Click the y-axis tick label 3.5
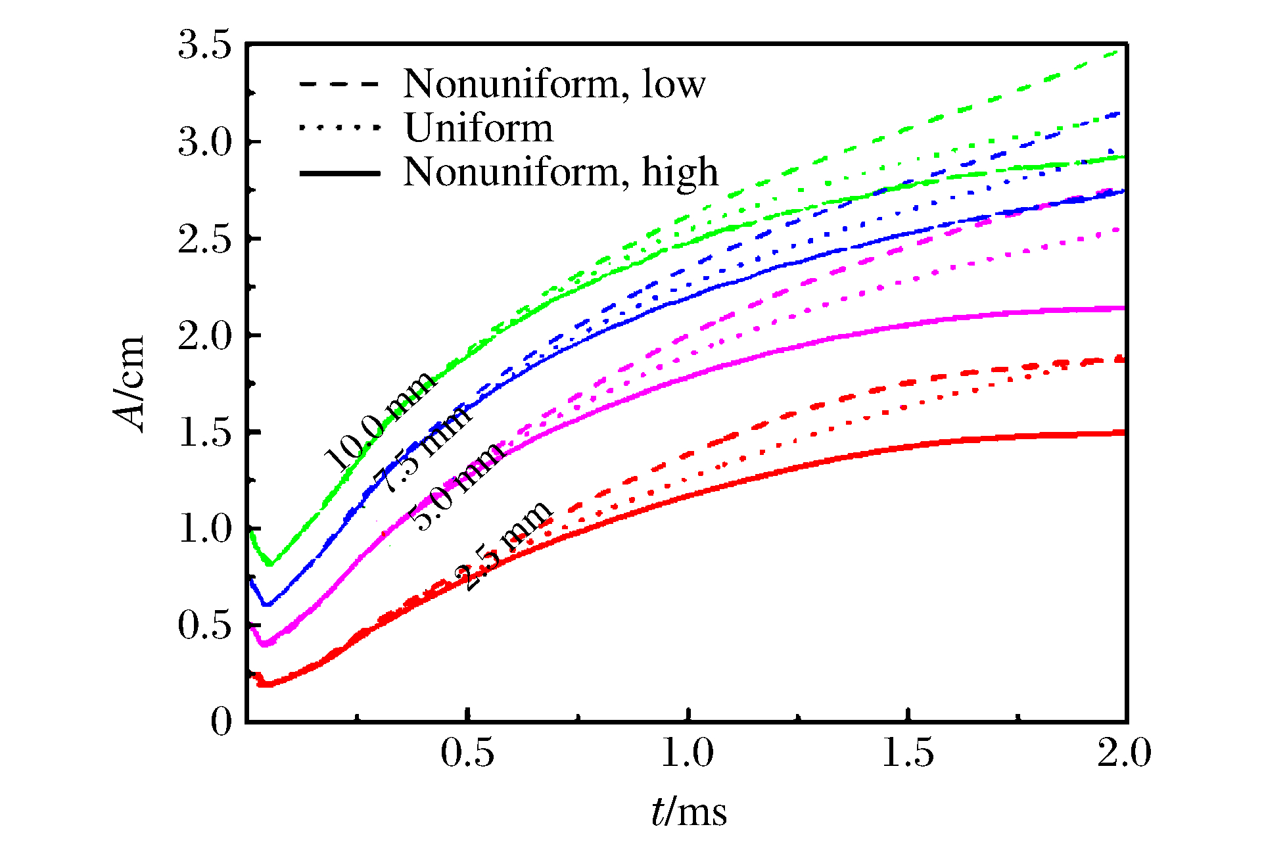[205, 46]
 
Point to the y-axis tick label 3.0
[205, 143]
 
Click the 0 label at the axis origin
[222, 723]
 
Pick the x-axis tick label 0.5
[467, 753]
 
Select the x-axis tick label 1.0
[687, 753]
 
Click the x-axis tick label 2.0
[1124, 753]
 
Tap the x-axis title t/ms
[689, 813]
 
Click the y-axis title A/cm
[129, 385]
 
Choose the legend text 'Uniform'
[479, 128]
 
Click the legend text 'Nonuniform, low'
[554, 84]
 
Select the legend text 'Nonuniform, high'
[561, 172]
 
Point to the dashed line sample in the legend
[339, 84]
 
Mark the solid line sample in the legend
[339, 174]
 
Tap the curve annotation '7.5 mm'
[421, 448]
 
